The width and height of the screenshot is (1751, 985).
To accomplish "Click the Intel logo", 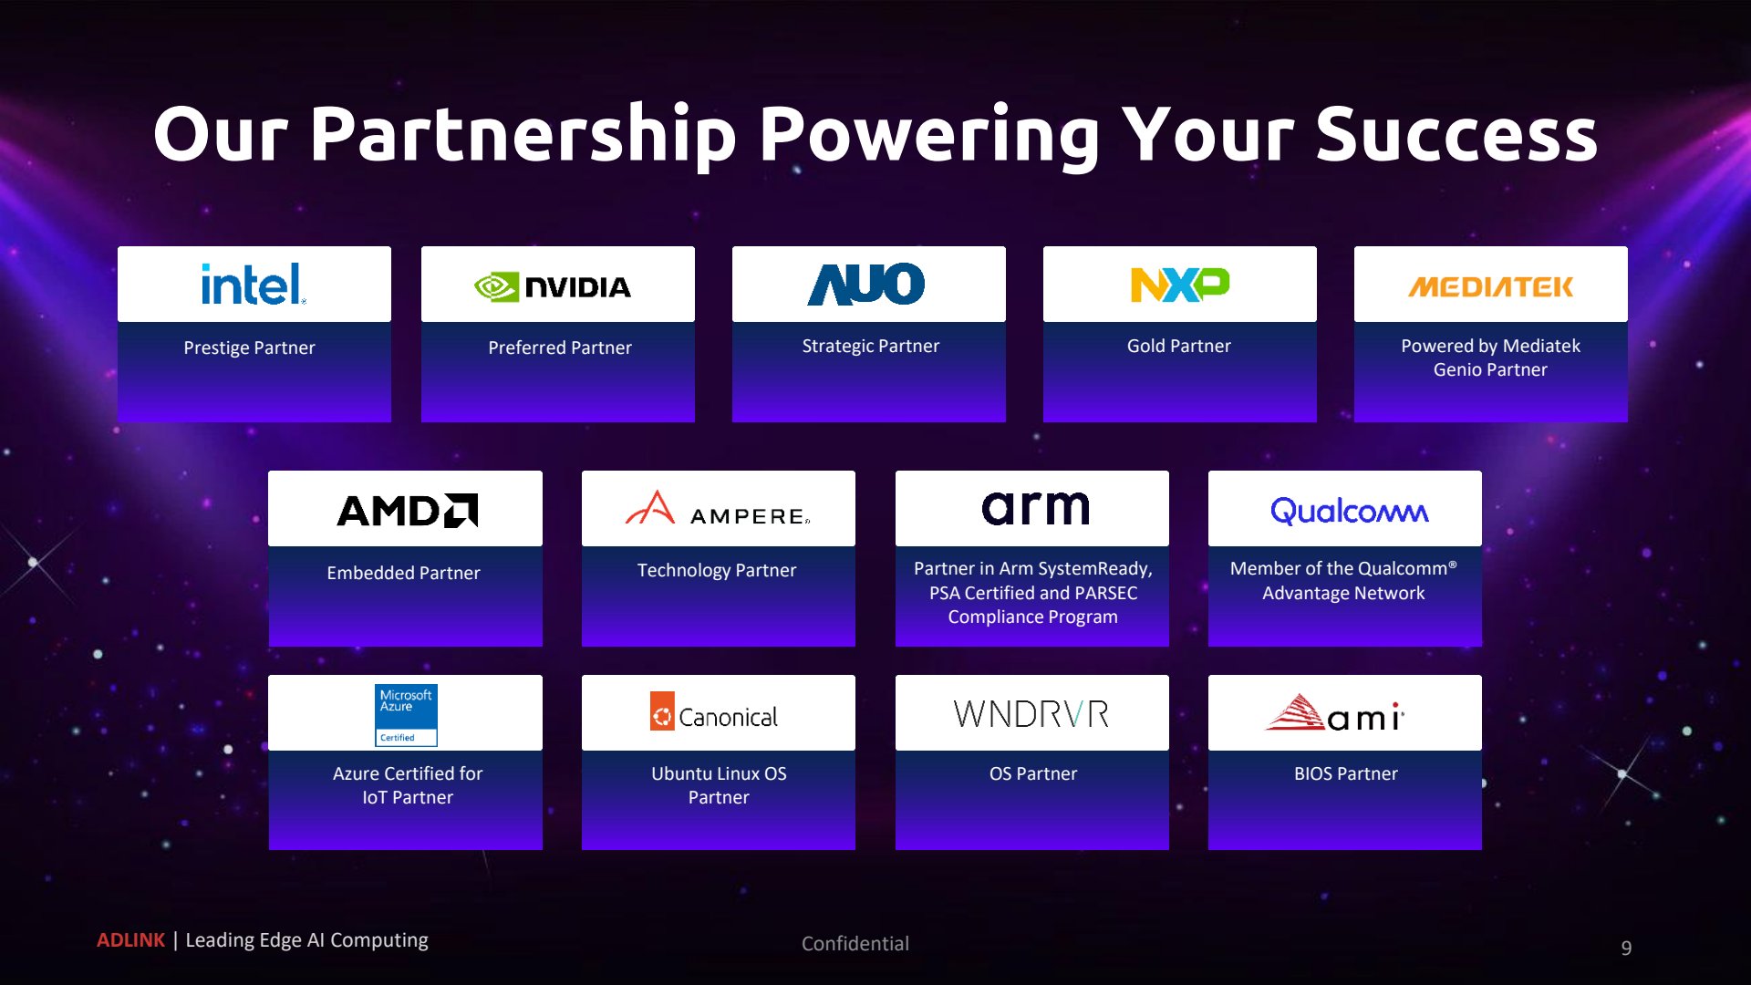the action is point(253,284).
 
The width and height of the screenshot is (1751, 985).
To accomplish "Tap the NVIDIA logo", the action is point(553,287).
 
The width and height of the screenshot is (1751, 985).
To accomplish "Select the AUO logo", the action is point(866,284).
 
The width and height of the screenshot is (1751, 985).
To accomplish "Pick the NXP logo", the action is point(1180,285).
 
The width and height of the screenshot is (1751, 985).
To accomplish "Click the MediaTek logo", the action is point(1491,287).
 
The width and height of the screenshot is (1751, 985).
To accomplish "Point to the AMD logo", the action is point(408,511).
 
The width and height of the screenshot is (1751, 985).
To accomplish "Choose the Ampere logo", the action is point(718,509).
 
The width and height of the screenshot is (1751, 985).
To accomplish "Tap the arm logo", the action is point(1035,508).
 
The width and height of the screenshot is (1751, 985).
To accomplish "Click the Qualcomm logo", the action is point(1350,512).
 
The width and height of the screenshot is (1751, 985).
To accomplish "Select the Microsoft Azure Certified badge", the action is point(406,715).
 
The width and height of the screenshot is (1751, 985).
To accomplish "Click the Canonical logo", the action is point(714,716).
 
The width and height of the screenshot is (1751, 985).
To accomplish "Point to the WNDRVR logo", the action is point(1031,714).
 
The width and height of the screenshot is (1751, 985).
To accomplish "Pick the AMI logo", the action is point(1335,713).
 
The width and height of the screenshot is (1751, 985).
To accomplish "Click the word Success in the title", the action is point(1456,134).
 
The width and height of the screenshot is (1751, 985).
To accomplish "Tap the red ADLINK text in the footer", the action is point(131,940).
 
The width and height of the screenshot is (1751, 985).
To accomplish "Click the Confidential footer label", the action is point(855,944).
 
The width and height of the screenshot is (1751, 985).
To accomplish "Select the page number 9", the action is point(1626,949).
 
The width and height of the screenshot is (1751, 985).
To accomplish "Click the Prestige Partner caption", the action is point(249,347).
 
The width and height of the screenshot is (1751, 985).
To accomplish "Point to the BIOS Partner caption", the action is point(1346,773).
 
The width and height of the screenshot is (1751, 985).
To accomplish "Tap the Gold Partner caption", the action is point(1179,346).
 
